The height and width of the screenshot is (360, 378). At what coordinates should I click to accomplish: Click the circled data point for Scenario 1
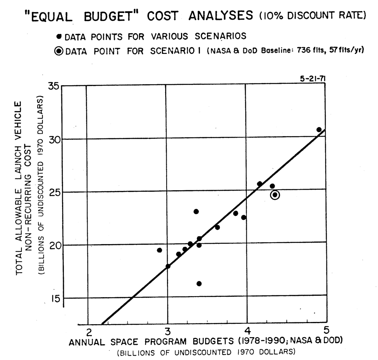click(275, 195)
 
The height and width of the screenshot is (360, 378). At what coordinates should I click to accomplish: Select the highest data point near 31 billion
click(319, 130)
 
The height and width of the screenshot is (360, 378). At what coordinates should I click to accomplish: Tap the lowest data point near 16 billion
click(199, 284)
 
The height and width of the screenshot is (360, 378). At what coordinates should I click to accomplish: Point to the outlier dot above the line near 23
click(196, 212)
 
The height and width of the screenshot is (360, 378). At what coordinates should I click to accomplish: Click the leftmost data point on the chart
click(159, 250)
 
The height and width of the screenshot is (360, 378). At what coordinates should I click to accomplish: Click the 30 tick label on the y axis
click(53, 139)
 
